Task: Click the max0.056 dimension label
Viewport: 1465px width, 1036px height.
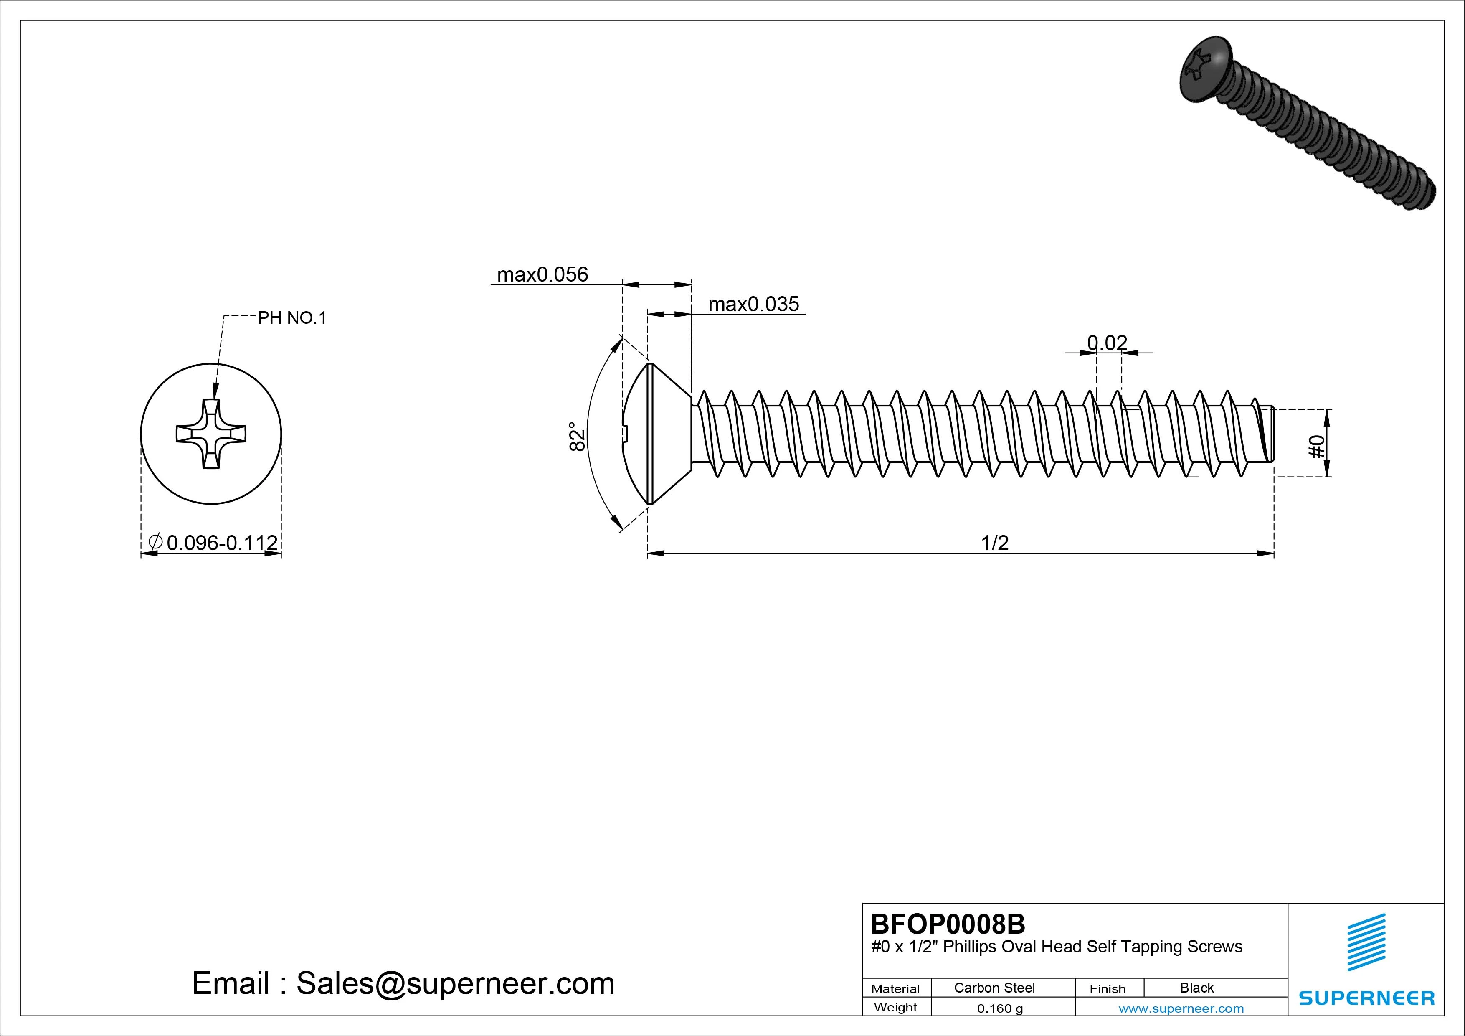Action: (542, 274)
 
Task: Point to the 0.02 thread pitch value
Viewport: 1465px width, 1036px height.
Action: (1107, 343)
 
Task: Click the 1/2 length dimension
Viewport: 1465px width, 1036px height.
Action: (995, 543)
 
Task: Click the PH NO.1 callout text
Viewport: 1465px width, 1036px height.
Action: (291, 318)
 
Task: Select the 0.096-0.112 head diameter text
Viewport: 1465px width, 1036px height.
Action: (221, 543)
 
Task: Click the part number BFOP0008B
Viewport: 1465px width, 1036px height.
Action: (948, 924)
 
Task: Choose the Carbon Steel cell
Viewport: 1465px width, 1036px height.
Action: (994, 988)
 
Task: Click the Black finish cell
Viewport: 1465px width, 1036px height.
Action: (1196, 988)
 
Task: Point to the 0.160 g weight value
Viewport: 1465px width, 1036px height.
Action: (1000, 1008)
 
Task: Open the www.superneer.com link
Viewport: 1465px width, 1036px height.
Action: (1181, 1008)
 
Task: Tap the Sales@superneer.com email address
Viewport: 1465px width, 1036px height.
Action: (455, 984)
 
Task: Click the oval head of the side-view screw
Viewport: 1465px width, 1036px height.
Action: (657, 434)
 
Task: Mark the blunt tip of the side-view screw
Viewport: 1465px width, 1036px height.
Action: (1269, 434)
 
